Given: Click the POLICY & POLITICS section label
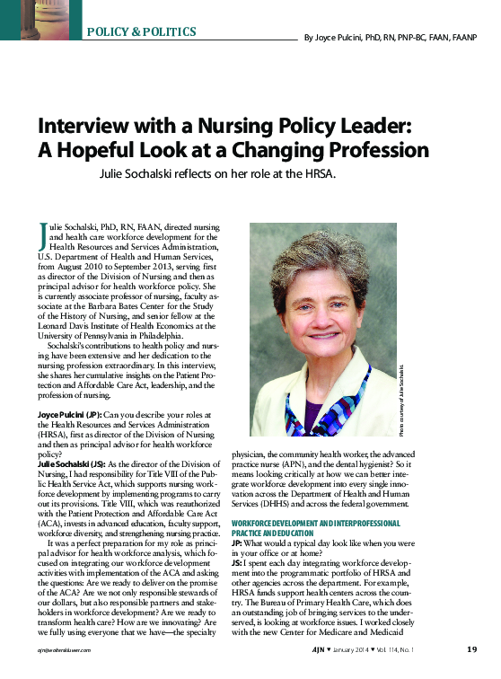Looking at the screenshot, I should point(142,31).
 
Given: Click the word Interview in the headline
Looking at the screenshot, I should point(92,127).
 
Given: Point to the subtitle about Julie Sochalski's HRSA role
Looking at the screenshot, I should point(217,173).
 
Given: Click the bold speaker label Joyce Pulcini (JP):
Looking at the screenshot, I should point(70,414).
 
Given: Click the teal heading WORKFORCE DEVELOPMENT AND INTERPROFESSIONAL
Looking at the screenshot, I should point(329,522).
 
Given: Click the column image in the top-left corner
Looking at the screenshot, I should point(40,19).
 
